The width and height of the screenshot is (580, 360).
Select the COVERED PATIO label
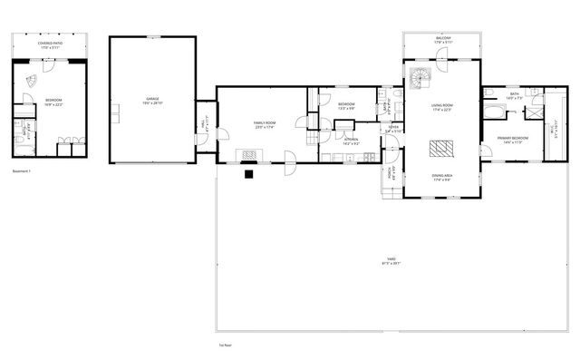pos(50,44)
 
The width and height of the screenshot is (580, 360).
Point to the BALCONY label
pos(442,39)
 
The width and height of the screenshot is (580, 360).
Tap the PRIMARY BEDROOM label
pos(512,139)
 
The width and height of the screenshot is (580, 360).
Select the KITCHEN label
pos(349,141)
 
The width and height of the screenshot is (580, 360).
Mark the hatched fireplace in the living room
pos(442,148)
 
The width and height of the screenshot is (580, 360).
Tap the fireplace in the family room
pos(247,153)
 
